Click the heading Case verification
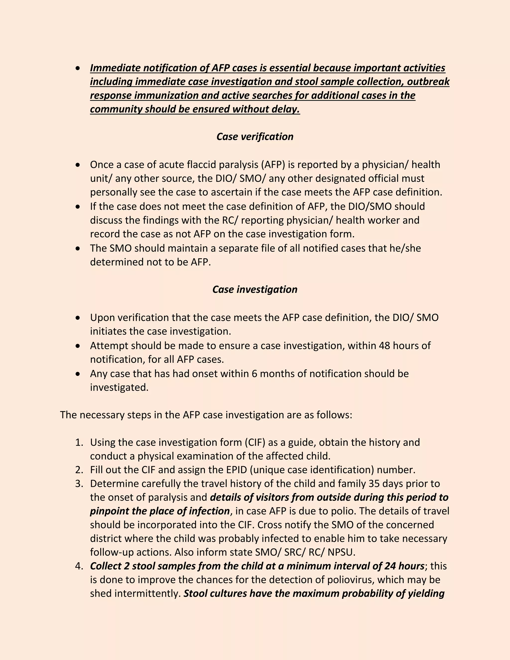pyautogui.click(x=255, y=136)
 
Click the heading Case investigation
pyautogui.click(x=255, y=289)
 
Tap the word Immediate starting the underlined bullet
pyautogui.click(x=115, y=68)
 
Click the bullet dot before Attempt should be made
pyautogui.click(x=78, y=346)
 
